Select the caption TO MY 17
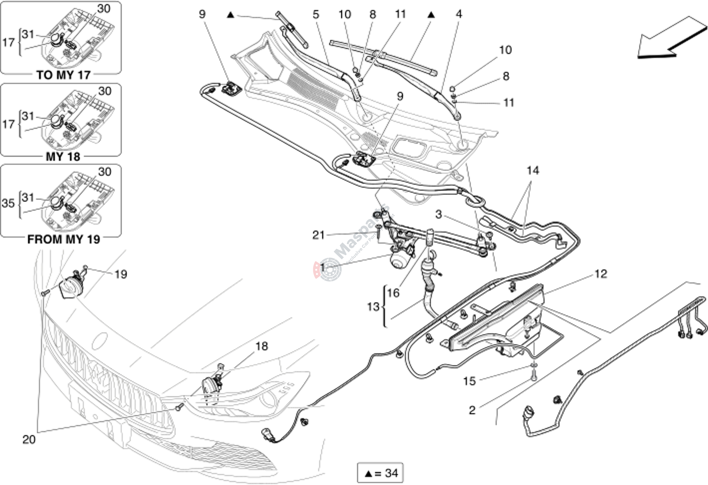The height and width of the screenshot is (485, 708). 63,75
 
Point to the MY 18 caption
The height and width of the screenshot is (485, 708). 63,157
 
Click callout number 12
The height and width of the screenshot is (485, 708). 601,274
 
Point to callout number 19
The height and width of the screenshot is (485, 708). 121,274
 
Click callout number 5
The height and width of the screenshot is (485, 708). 316,14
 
